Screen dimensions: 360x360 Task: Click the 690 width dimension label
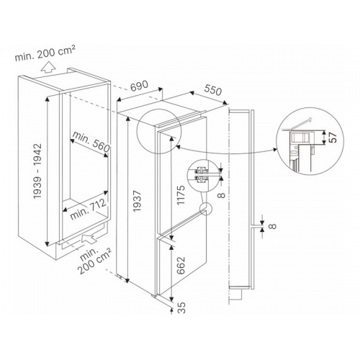[x=139, y=86]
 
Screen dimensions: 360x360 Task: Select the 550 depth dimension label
[x=212, y=90]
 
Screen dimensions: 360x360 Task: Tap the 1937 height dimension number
[x=137, y=201]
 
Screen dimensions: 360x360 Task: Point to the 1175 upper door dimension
[x=181, y=194]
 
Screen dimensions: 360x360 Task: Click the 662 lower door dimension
[x=181, y=265]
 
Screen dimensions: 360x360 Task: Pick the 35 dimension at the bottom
[x=182, y=307]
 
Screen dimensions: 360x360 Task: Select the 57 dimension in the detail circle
[x=333, y=138]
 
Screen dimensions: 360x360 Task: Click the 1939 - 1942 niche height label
[x=37, y=171]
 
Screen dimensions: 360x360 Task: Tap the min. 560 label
[x=91, y=142]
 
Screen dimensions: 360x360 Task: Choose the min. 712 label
[x=88, y=210]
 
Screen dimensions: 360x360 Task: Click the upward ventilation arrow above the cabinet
[x=48, y=67]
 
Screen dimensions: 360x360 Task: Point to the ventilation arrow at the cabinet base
[x=89, y=239]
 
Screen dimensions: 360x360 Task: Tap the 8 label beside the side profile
[x=273, y=226]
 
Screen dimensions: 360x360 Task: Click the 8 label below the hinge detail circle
[x=222, y=194]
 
